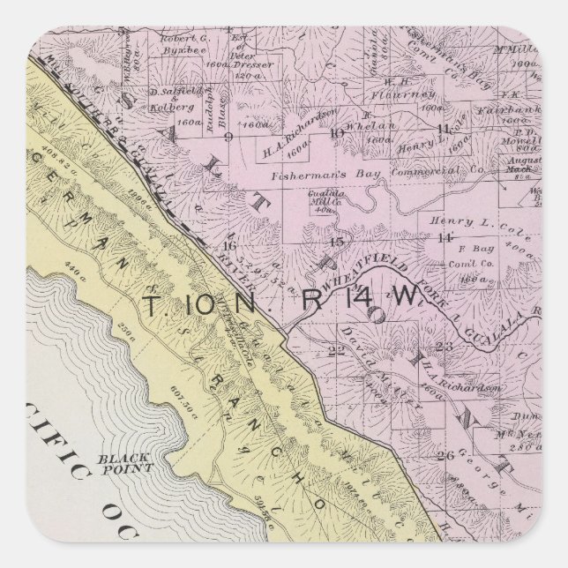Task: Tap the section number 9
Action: pos(228,138)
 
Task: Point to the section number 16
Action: pos(229,245)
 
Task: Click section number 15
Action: pos(334,241)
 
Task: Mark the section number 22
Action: pos(335,351)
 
